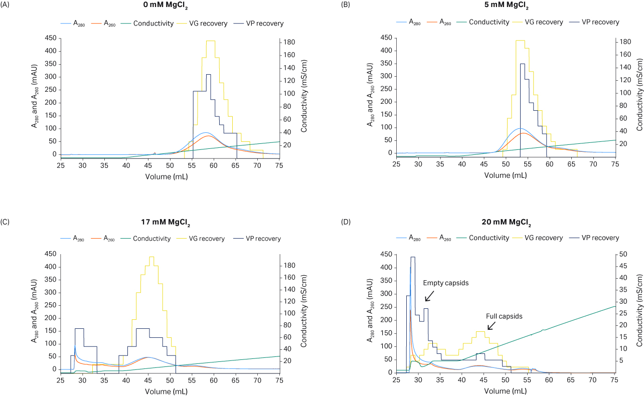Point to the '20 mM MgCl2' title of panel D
point(506,223)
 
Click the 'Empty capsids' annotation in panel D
point(445,283)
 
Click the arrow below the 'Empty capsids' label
point(430,296)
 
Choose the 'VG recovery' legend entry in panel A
point(208,24)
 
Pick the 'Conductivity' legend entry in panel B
point(489,22)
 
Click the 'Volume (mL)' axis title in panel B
point(505,175)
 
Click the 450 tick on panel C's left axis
point(51,254)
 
